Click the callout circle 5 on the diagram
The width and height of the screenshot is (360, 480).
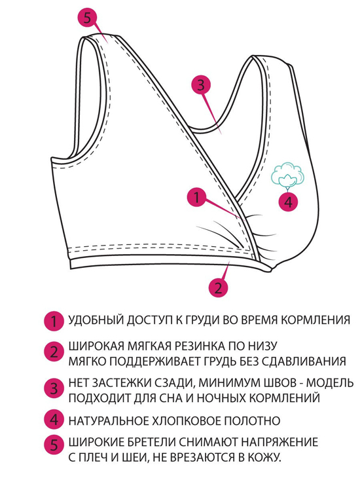(88, 18)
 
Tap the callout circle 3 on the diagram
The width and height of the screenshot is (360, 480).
(201, 84)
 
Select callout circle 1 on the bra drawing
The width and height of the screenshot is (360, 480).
(196, 198)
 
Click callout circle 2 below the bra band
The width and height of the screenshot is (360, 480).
(218, 287)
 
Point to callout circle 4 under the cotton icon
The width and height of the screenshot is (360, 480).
(289, 202)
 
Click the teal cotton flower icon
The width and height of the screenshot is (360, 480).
(288, 175)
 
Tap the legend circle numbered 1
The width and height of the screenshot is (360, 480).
(54, 321)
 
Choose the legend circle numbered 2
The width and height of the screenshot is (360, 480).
(54, 352)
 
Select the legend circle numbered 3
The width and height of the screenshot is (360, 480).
(54, 389)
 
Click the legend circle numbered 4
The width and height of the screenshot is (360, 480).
(54, 420)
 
